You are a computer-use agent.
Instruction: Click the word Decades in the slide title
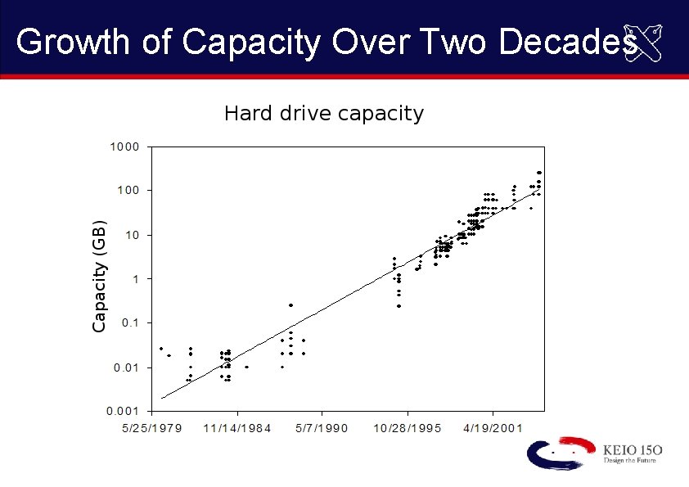568,42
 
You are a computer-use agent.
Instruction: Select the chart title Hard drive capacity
324,113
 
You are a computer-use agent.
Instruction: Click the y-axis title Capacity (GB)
99,276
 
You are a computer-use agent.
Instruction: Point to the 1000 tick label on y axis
126,147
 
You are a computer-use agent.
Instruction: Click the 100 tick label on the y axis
129,191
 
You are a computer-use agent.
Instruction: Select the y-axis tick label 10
133,235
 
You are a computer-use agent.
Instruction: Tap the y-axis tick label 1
136,279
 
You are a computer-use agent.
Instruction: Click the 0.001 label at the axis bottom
125,411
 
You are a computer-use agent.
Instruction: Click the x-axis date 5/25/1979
155,428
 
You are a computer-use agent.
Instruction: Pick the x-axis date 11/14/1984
237,428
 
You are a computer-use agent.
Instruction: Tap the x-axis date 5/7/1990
322,428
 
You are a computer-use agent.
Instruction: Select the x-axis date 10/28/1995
407,428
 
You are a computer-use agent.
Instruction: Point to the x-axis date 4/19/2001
492,428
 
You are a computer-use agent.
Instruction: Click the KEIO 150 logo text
632,450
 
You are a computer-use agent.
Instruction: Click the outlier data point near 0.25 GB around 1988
290,305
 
